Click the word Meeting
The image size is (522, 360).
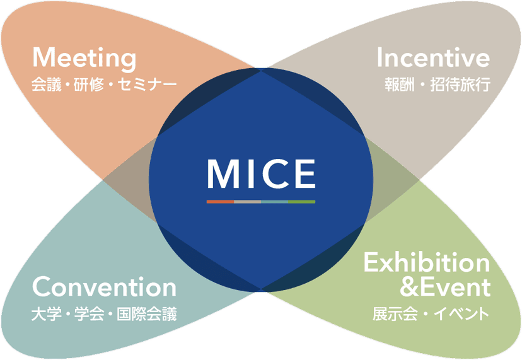(84, 59)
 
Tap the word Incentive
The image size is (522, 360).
(433, 57)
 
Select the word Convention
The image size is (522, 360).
(104, 287)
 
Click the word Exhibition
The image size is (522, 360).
(426, 262)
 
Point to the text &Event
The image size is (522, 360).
(445, 287)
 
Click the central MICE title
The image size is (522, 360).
(262, 173)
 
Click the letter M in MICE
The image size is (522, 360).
(223, 173)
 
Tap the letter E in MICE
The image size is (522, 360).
(306, 173)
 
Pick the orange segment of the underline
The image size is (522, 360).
(221, 202)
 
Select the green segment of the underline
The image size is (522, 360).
(301, 202)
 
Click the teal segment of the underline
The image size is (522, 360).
(275, 202)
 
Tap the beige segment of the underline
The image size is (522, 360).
(247, 202)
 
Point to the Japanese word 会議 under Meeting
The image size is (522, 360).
(47, 84)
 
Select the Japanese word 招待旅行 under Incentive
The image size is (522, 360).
(460, 84)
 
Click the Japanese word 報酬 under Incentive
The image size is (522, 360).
(400, 84)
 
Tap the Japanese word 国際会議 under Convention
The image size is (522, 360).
(146, 314)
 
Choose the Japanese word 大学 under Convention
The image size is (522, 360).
(47, 314)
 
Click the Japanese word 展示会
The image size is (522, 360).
(395, 314)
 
